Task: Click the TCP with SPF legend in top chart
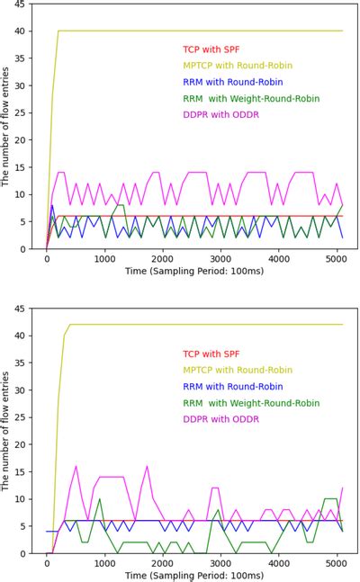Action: pyautogui.click(x=211, y=49)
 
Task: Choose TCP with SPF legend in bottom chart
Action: pyautogui.click(x=211, y=354)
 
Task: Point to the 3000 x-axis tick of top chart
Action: pyautogui.click(x=220, y=259)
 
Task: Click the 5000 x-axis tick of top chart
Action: pyautogui.click(x=337, y=259)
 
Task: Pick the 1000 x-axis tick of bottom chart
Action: pyautogui.click(x=104, y=564)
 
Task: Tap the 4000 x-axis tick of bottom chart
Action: pyautogui.click(x=279, y=564)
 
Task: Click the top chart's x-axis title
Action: pyautogui.click(x=192, y=271)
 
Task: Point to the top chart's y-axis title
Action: pyautogui.click(x=6, y=126)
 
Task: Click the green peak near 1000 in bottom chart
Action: pyautogui.click(x=99, y=499)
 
